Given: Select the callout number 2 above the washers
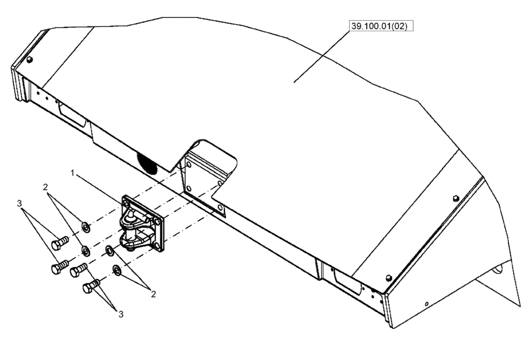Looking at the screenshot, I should click(46, 187).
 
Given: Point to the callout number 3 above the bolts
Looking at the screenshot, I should click(19, 203).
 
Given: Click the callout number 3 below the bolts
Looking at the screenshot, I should click(121, 314).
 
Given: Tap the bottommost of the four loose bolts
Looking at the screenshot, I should click(90, 287).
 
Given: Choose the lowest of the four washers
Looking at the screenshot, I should click(116, 271).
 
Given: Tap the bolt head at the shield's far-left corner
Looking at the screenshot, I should click(30, 59).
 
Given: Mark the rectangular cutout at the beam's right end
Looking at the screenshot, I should click(346, 281).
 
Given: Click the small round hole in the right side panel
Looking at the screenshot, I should click(426, 303).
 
